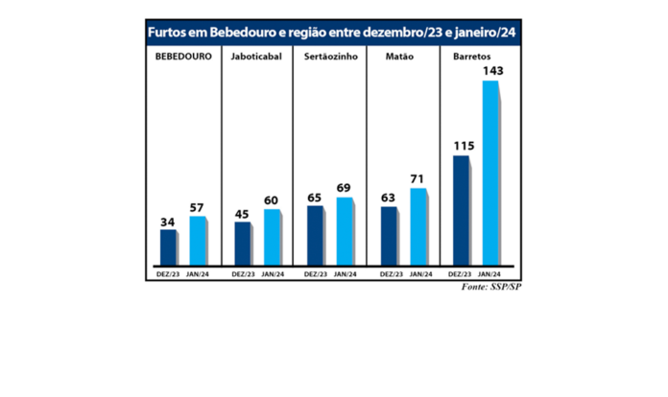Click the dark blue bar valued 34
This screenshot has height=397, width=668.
pyautogui.click(x=168, y=246)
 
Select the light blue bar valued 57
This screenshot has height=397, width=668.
pyautogui.click(x=197, y=240)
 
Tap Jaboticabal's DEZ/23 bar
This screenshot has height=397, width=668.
pyautogui.click(x=242, y=244)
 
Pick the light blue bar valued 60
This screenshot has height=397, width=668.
pyautogui.click(x=271, y=237)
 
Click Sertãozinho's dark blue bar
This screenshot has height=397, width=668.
pyautogui.click(x=314, y=235)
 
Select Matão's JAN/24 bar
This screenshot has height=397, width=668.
pyautogui.click(x=417, y=226)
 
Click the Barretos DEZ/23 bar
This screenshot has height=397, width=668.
pyautogui.click(x=462, y=209)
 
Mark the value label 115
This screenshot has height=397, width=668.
pyautogui.click(x=464, y=146)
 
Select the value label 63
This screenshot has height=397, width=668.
pyautogui.click(x=389, y=198)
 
